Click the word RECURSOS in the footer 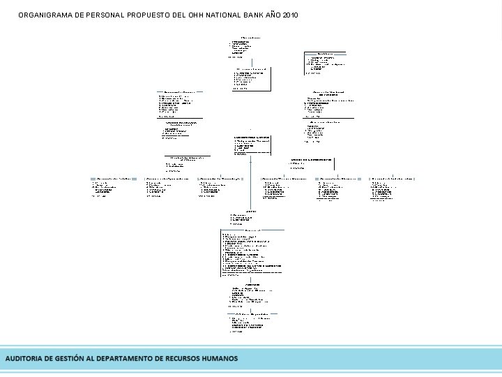(x=190, y=359)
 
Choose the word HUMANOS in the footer (x=225, y=359)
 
